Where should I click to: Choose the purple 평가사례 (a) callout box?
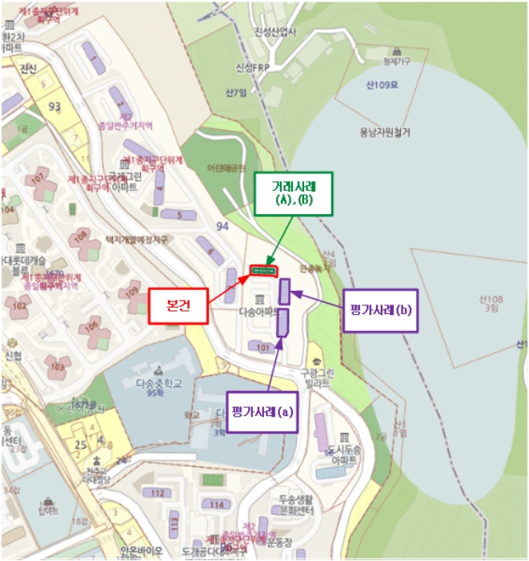262,413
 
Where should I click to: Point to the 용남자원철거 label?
384,132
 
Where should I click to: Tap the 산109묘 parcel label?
382,86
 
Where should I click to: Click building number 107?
37,179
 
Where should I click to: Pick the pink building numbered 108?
80,237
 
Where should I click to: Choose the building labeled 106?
94,325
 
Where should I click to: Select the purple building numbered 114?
214,503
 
